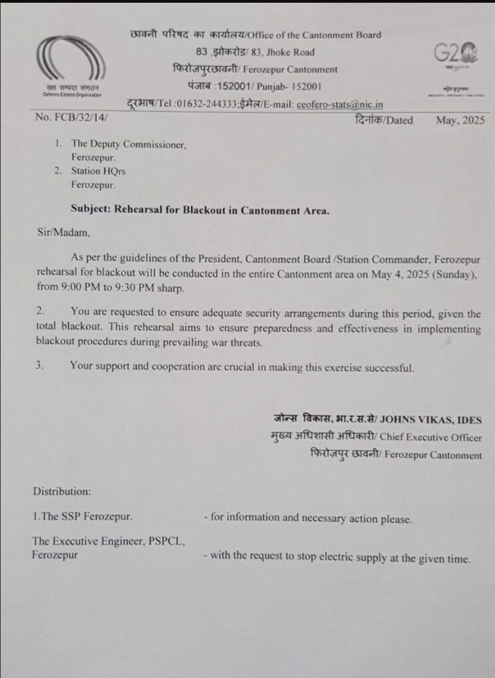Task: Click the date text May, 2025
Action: click(460, 121)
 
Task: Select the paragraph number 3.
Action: click(39, 366)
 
